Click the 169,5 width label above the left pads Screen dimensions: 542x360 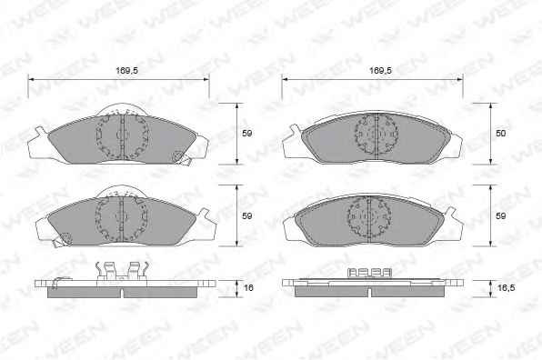pyautogui.click(x=126, y=71)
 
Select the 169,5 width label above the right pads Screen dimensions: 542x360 pyautogui.click(x=380, y=71)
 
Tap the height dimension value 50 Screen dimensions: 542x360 pyautogui.click(x=500, y=133)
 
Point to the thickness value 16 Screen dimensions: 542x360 pyautogui.click(x=248, y=287)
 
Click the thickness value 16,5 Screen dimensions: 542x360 pyautogui.click(x=506, y=287)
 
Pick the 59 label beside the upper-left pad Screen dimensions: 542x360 pyautogui.click(x=246, y=133)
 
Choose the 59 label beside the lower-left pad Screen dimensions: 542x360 pyautogui.click(x=246, y=216)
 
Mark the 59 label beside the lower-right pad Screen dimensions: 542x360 pyautogui.click(x=500, y=216)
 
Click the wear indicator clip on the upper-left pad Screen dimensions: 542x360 pyautogui.click(x=182, y=157)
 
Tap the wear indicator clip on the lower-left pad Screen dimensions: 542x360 pyautogui.click(x=62, y=240)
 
